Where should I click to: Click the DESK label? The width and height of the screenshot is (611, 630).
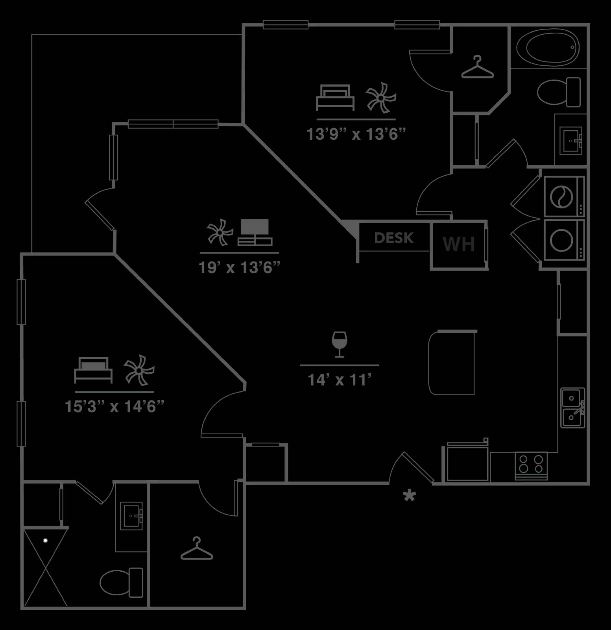tap(394, 238)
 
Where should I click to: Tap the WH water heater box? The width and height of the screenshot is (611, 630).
tap(459, 245)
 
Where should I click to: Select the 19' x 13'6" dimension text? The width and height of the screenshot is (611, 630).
tap(239, 268)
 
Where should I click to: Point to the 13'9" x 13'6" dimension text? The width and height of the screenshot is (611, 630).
tap(356, 134)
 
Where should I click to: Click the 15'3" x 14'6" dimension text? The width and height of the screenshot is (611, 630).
tap(114, 406)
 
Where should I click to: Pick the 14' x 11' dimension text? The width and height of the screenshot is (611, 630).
tap(340, 380)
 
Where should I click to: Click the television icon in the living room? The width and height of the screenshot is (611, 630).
tap(255, 232)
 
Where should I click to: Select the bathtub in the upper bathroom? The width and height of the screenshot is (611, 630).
tap(548, 47)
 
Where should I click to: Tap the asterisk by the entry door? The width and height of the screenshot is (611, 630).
tap(409, 496)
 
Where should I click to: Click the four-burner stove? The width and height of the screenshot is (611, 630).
tap(531, 466)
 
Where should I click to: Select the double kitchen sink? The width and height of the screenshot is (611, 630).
tap(573, 408)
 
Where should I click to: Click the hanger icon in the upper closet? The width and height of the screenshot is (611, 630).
tap(477, 67)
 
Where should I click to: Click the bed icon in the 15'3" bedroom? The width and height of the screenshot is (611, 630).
tap(93, 370)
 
